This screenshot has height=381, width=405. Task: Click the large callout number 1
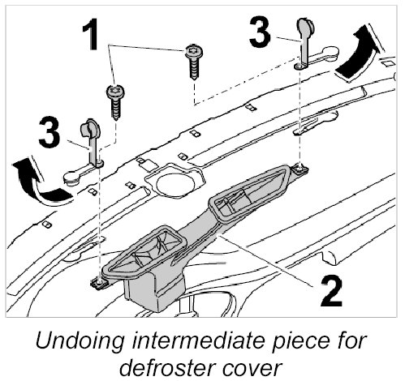pos(91,34)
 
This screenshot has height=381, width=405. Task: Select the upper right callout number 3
pos(260,32)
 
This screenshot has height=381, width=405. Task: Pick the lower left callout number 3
pos(50,132)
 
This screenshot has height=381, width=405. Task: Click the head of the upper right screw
pos(194,51)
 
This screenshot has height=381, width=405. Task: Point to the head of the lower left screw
pos(116,92)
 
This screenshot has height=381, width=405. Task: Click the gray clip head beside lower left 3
pos(90,127)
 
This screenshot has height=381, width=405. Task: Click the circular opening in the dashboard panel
pos(175,185)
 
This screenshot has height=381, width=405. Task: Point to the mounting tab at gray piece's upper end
pos(300,169)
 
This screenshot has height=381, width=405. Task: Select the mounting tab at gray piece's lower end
pos(100,283)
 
